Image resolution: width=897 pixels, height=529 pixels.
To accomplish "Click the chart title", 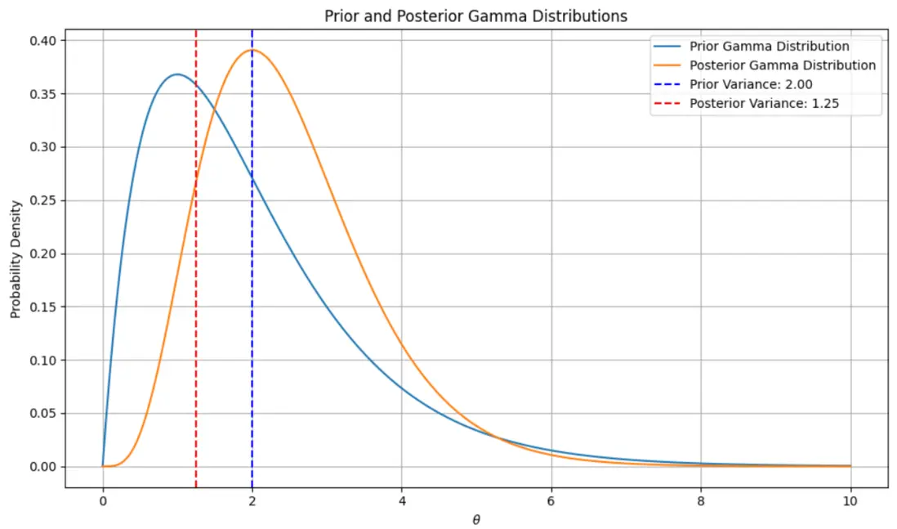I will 476,16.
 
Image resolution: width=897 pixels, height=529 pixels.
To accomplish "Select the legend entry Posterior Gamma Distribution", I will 783,65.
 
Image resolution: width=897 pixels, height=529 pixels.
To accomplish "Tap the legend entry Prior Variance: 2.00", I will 751,84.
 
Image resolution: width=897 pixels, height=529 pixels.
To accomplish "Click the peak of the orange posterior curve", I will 252,50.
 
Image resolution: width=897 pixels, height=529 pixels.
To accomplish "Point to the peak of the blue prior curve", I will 177,74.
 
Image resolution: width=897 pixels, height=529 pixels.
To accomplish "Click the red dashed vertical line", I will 196,327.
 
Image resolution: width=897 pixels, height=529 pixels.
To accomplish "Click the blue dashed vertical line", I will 252,327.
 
